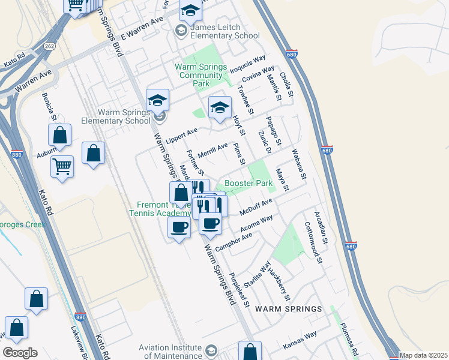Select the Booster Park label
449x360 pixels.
[245, 183]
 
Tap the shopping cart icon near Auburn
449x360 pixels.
[62, 166]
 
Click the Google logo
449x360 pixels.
[20, 353]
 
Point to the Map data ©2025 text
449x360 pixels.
[423, 355]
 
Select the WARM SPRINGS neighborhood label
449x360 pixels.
[288, 308]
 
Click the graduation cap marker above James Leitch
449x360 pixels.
[190, 10]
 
